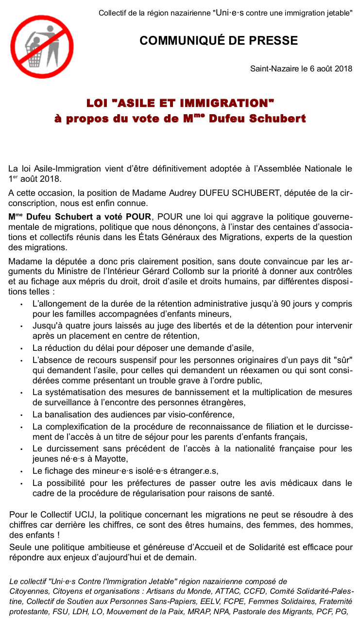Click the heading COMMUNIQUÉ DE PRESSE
[x=219, y=41]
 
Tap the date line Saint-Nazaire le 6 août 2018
[x=301, y=69]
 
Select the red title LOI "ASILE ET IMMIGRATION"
[x=180, y=103]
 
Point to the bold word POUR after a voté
[x=138, y=216]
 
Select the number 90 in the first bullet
[x=287, y=304]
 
